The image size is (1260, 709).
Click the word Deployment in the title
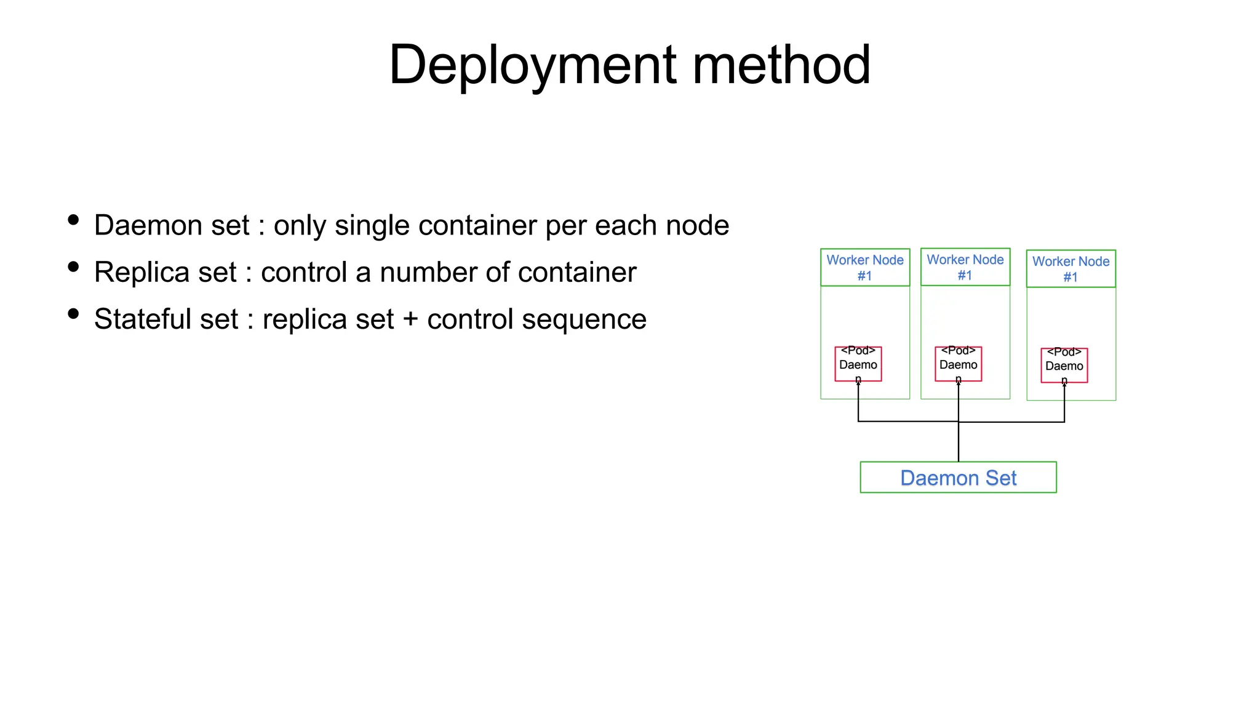coord(532,65)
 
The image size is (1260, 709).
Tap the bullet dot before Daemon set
coord(73,220)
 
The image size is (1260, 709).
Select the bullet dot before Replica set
coord(73,266)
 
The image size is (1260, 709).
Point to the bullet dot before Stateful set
coord(73,314)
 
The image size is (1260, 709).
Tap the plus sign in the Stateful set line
coord(410,319)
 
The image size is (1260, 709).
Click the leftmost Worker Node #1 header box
coord(864,268)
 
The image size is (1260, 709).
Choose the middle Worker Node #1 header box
coord(965,267)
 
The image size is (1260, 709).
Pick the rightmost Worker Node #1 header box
coord(1071,269)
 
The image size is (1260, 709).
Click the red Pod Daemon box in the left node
coord(858,364)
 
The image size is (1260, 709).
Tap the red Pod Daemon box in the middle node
coord(958,364)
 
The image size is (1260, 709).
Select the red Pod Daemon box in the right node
coord(1064,365)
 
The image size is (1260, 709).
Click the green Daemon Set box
coord(958,478)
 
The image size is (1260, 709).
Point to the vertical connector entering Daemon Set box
coord(958,443)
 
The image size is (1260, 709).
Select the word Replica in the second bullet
coord(165,272)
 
